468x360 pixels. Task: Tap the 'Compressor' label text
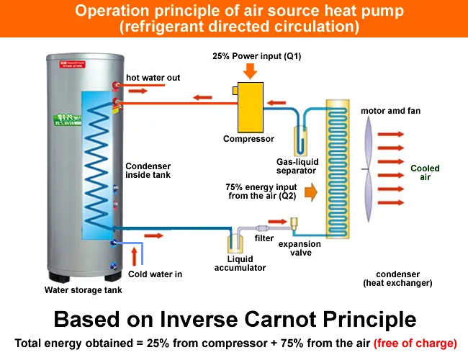[249, 139]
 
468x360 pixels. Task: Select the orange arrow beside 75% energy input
[311, 192]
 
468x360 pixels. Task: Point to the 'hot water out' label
[153, 78]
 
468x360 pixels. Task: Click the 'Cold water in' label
[155, 274]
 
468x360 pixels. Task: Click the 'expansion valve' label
[300, 248]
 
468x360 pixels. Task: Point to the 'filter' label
[264, 238]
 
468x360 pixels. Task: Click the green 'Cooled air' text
[425, 173]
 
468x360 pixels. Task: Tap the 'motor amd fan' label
[390, 111]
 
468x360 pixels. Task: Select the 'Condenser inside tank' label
[148, 170]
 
